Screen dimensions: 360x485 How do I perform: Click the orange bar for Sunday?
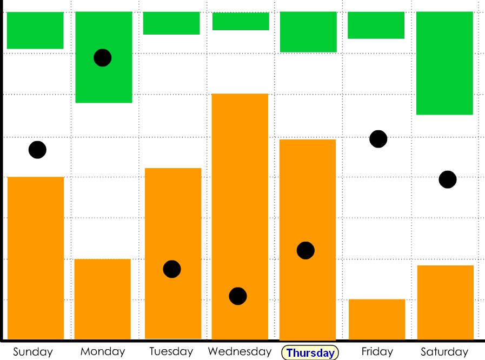coord(36,258)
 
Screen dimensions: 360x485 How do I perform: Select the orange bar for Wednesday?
coord(240,216)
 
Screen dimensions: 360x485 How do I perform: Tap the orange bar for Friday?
coord(377,319)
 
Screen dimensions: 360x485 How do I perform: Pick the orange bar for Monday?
coord(103,299)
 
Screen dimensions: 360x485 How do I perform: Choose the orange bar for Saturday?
coord(446,302)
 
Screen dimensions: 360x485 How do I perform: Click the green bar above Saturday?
coord(444,63)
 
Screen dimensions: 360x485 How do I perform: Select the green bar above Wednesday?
coord(241,22)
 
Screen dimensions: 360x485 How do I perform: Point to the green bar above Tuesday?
coord(171,23)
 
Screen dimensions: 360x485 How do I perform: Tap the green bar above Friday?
coord(376,25)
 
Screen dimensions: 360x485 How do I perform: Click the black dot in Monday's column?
coord(103,57)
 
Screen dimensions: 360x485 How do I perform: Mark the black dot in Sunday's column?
coord(37,150)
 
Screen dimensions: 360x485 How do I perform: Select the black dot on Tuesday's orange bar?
coord(172,269)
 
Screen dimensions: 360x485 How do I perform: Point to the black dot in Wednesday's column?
coord(238,296)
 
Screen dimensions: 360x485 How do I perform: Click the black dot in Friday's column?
coord(378,139)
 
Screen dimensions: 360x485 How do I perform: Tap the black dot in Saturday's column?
coord(448,179)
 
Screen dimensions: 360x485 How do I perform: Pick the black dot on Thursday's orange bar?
coord(305,250)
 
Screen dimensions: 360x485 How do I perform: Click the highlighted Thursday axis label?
coord(310,353)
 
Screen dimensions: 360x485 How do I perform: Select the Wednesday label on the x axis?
coord(240,351)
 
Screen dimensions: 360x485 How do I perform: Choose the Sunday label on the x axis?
coord(33,352)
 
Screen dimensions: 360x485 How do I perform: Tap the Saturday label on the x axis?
coord(444,352)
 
